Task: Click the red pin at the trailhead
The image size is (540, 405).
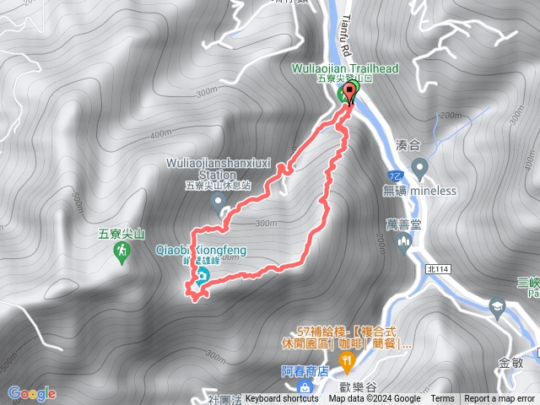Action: (x=349, y=94)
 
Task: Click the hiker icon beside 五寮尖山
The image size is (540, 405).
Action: (x=122, y=251)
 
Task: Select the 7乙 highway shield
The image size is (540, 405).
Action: (x=396, y=175)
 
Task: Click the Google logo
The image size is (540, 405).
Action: (x=31, y=393)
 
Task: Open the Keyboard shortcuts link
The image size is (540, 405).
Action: (x=282, y=399)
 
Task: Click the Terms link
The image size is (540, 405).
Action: (x=442, y=399)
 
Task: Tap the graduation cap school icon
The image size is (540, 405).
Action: (x=497, y=306)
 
